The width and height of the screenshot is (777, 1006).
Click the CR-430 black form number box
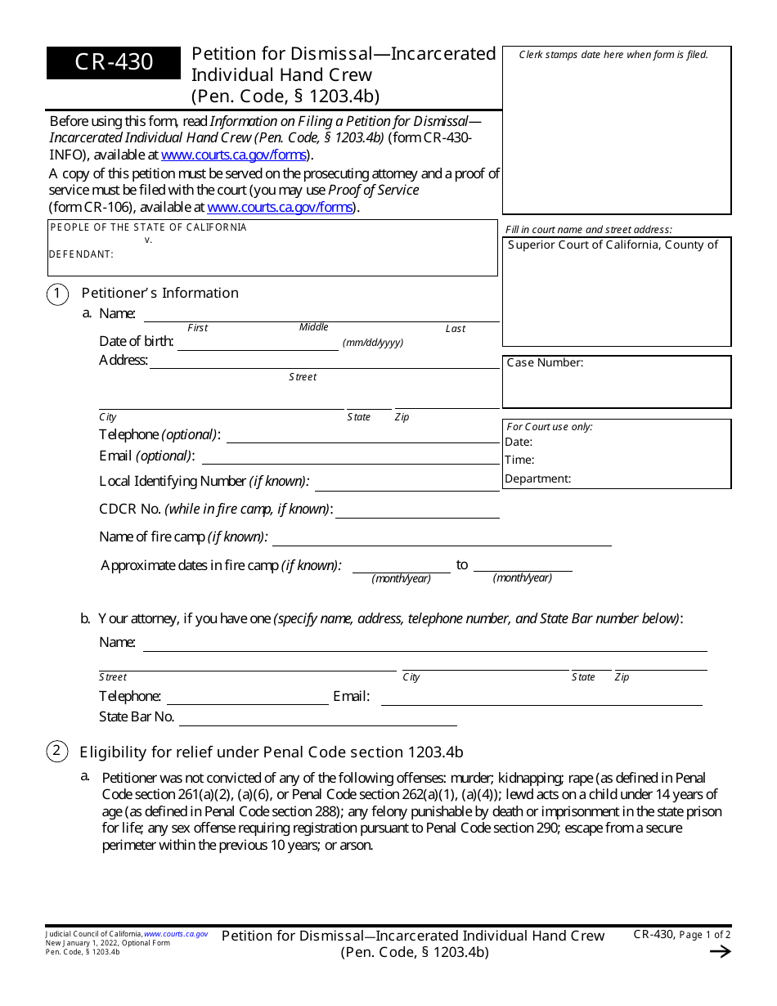(114, 62)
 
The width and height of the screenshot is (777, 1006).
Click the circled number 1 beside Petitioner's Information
(57, 294)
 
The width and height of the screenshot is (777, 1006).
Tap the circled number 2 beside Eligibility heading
(57, 752)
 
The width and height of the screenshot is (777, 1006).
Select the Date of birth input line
(258, 344)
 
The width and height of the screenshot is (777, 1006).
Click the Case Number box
(616, 381)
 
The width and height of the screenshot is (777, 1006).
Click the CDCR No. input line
(417, 511)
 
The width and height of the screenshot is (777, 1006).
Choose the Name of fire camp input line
(442, 539)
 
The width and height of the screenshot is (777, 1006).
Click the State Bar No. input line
(317, 719)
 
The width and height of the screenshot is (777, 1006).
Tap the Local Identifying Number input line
(406, 483)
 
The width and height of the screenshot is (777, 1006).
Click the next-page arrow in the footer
(720, 951)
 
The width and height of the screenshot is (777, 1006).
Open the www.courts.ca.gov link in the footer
(176, 934)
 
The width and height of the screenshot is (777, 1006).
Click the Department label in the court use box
(537, 479)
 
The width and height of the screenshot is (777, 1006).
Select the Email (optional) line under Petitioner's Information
(350, 458)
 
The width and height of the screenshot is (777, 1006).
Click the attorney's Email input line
(541, 698)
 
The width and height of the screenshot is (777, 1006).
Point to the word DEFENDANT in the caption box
(81, 254)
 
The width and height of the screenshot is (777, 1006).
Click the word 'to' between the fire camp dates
(462, 565)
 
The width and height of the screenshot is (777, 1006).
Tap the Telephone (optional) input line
(362, 436)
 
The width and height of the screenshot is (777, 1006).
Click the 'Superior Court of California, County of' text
(613, 245)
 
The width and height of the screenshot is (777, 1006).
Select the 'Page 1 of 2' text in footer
(704, 935)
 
